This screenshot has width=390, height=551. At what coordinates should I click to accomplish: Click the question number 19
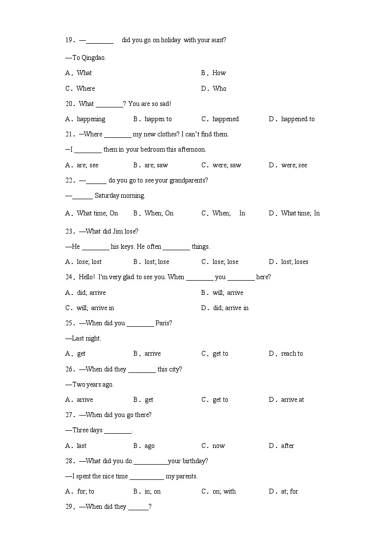[69, 40]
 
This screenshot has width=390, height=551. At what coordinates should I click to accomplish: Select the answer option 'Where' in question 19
[85, 88]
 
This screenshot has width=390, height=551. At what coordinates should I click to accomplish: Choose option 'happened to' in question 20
[298, 119]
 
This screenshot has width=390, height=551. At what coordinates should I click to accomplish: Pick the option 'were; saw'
[226, 165]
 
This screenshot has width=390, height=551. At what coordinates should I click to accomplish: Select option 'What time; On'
[97, 213]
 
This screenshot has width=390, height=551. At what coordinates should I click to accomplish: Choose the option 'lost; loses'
[294, 262]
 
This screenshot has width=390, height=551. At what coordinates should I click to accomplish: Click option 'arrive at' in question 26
[292, 399]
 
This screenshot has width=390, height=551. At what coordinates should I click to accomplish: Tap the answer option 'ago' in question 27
[149, 446]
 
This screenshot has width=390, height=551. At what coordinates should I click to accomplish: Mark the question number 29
[69, 506]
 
